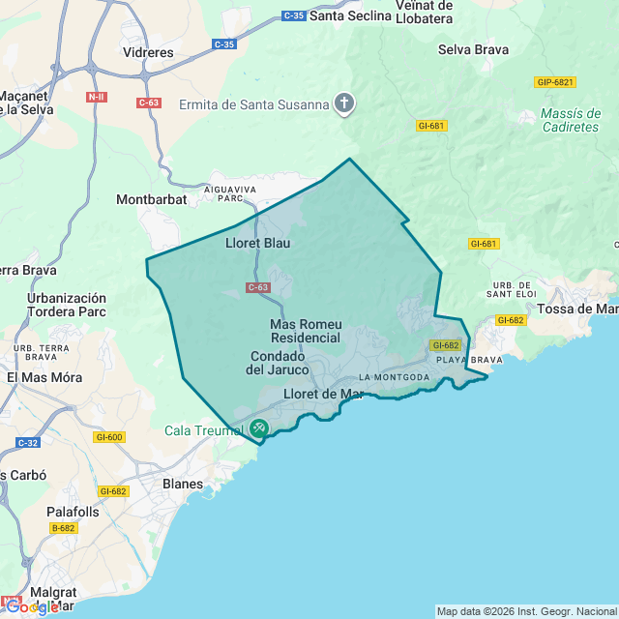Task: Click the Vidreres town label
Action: coord(148,52)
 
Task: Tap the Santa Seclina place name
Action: coord(351,16)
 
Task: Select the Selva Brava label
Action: coord(473,49)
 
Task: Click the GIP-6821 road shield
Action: coord(554,82)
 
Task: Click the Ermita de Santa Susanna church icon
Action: coord(344,103)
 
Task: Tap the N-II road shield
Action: coord(97,97)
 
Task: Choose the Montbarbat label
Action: coord(150,200)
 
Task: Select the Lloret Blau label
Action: coord(257,243)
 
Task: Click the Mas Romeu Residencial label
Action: coord(306,331)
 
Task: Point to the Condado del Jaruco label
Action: coord(278,363)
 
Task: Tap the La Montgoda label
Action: coord(394,376)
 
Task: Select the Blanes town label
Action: coord(183,484)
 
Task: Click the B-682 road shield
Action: coord(64,528)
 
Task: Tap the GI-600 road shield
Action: coord(109,437)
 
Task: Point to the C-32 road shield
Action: coord(27,442)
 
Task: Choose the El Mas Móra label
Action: coord(44,377)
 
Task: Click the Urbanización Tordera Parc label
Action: coord(66,305)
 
